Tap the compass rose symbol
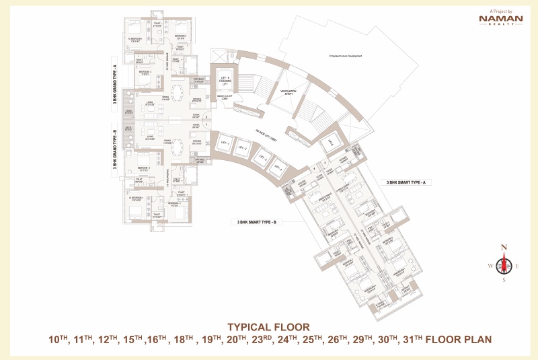click(504, 264)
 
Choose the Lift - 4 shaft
click(274, 168)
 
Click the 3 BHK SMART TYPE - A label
click(408, 182)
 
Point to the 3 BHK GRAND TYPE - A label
click(115, 83)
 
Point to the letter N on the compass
click(504, 248)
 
